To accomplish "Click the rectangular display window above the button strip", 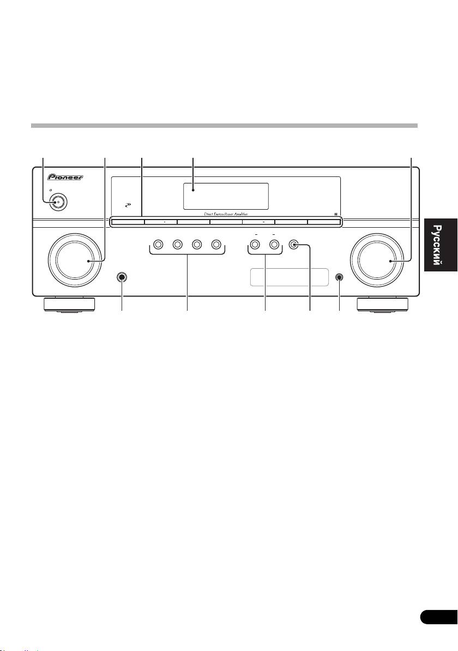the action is point(225,196).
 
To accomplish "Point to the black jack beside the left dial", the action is point(121,277).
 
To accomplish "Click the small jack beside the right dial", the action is point(339,277).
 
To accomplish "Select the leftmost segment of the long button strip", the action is point(128,222).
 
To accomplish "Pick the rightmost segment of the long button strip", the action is point(323,222).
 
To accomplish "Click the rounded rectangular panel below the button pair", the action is point(288,277).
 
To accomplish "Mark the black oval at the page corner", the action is point(439,617).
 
